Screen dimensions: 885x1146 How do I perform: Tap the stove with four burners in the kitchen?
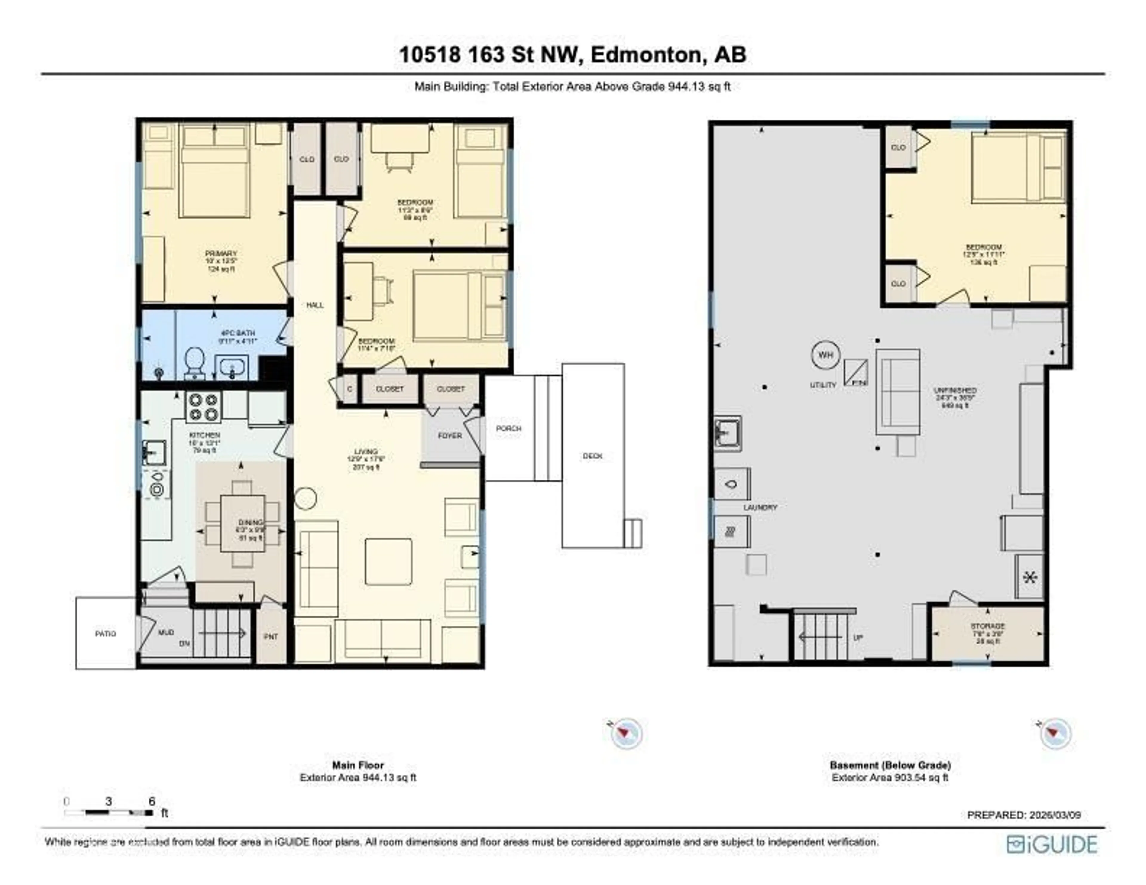point(203,407)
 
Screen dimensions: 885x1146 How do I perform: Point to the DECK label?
point(592,456)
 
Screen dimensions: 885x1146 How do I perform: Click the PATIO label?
point(105,634)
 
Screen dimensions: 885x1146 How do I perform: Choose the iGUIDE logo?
point(1052,845)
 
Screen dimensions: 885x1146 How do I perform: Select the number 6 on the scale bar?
point(152,801)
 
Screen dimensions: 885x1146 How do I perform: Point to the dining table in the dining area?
point(242,523)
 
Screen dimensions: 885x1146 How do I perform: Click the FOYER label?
point(450,435)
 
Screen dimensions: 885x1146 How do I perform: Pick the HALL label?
point(315,305)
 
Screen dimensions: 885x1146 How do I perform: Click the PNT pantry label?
point(271,637)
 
